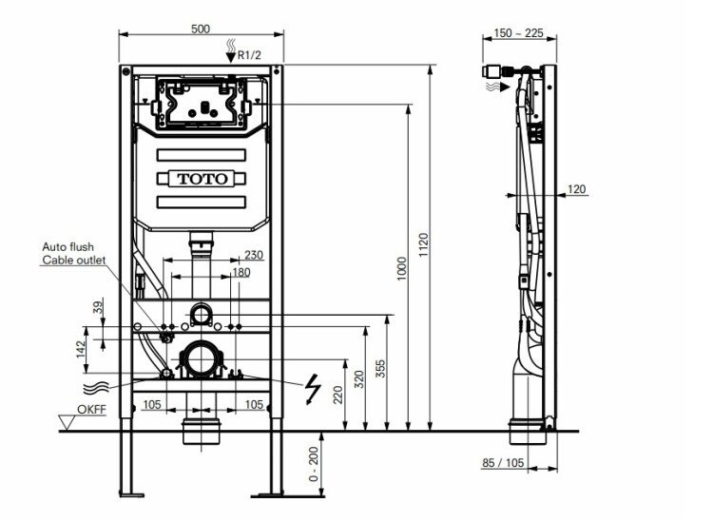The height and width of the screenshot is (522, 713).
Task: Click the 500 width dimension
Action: [201, 29]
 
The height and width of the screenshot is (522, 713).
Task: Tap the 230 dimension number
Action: [254, 255]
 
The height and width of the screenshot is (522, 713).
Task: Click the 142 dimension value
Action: [82, 349]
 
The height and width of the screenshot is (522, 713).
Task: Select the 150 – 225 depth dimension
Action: [518, 33]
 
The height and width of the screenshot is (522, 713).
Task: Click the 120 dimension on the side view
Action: [577, 188]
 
